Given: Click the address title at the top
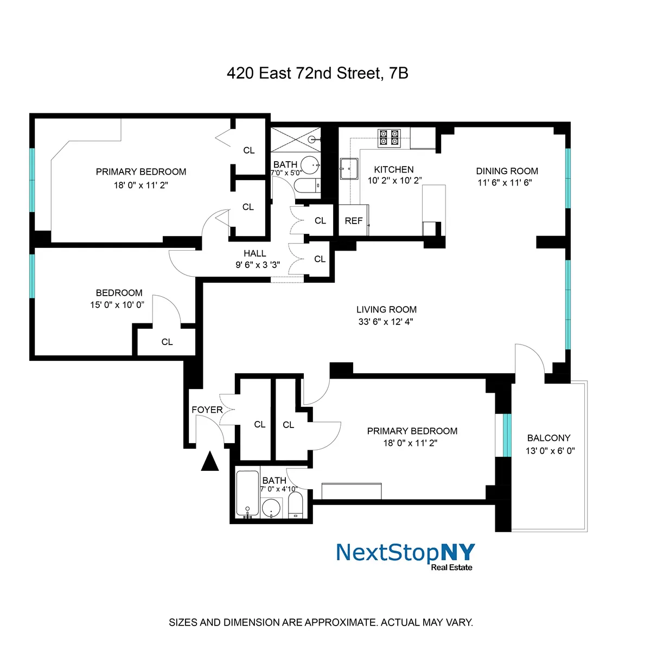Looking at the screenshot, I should pos(317,73).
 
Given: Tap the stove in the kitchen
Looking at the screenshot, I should pos(389,138).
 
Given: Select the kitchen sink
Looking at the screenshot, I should pos(349,169).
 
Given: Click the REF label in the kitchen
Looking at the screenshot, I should pos(354,221).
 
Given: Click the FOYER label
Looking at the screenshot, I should pos(207,410).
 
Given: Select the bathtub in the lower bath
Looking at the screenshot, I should pos(247,493).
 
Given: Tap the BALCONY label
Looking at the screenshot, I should pos(549,438).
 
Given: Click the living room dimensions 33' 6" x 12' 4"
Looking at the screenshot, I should pos(386,322).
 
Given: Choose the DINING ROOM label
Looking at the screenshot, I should pos(507,171).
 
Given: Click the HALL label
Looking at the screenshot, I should pos(255,253).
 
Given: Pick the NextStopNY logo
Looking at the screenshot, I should pos(405,555).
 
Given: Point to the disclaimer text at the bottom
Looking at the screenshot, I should pos(321,622).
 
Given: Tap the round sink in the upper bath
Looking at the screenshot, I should pos(310,165).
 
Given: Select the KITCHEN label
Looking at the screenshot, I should pos(394,170).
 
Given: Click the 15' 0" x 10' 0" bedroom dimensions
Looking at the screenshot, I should pos(117,305).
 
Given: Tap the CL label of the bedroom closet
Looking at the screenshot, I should pos(167,342).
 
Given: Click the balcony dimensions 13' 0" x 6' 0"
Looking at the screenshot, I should pos(550,451).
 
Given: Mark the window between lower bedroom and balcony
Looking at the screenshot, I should pos(507,435).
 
